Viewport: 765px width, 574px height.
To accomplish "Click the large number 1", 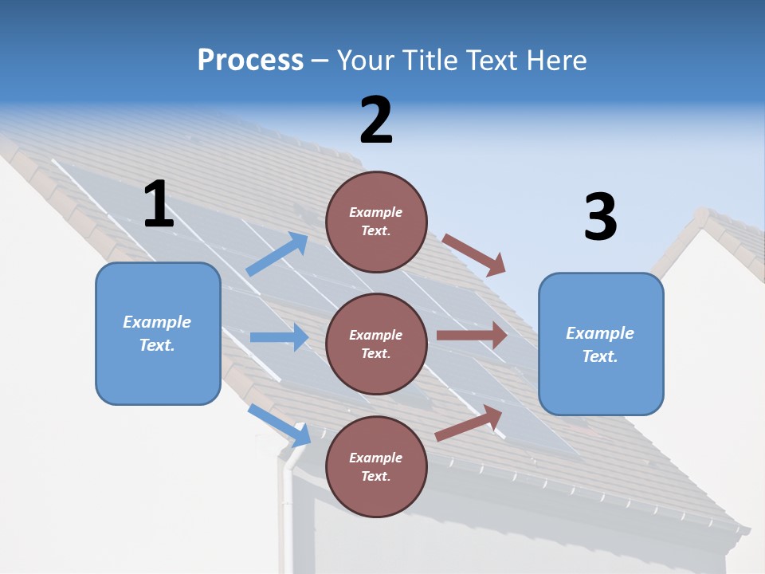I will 159,204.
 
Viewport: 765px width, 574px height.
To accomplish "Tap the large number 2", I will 376,120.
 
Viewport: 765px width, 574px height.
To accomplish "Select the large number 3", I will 600,217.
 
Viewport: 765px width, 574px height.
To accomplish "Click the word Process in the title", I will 250,60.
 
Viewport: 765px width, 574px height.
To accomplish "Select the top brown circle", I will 376,221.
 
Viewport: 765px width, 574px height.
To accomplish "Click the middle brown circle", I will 376,344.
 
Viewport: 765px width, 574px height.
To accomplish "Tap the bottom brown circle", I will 376,466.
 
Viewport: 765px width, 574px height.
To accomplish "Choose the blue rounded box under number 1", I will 158,333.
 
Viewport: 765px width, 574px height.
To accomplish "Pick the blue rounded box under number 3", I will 601,344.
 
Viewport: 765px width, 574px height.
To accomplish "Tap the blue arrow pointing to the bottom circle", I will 280,425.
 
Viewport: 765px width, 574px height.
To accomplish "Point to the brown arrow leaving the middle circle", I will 472,336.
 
